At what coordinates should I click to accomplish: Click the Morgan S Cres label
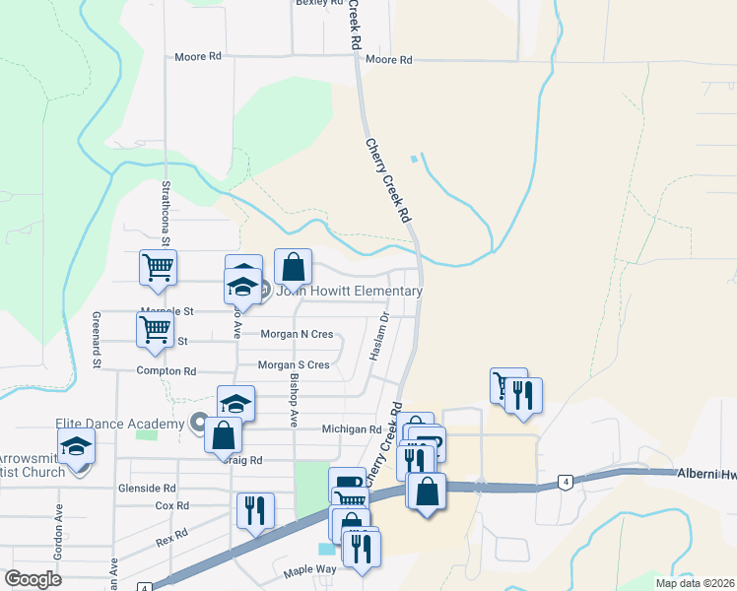293,364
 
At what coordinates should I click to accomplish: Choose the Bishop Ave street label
294,399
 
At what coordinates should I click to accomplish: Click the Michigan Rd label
352,429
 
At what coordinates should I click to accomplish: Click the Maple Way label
309,570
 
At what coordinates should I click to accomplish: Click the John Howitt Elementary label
349,291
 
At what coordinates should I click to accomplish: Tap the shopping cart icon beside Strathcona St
158,268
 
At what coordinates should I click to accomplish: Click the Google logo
33,579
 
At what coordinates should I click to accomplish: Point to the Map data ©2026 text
694,583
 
